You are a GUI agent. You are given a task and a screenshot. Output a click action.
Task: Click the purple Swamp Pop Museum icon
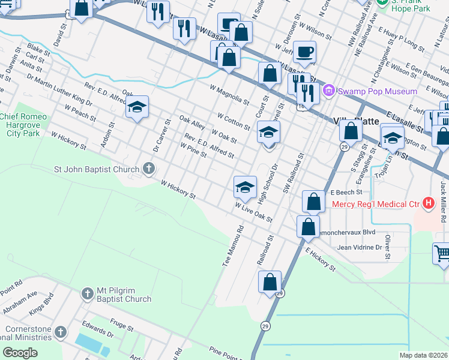[328, 91]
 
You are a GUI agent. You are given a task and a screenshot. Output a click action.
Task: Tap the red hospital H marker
[428, 203]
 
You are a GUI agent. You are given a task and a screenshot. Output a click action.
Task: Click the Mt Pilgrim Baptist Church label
[124, 295]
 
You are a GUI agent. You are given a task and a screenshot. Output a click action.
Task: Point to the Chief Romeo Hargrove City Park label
[20, 124]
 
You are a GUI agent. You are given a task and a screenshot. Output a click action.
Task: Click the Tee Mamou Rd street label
[234, 247]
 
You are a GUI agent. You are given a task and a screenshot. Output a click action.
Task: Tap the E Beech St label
[346, 193]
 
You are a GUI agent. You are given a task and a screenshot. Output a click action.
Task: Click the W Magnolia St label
[230, 94]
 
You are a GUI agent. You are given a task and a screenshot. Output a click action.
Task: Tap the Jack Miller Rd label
[444, 202]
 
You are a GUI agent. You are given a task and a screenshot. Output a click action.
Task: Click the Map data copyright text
[424, 355]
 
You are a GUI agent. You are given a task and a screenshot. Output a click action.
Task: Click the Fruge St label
[121, 325]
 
